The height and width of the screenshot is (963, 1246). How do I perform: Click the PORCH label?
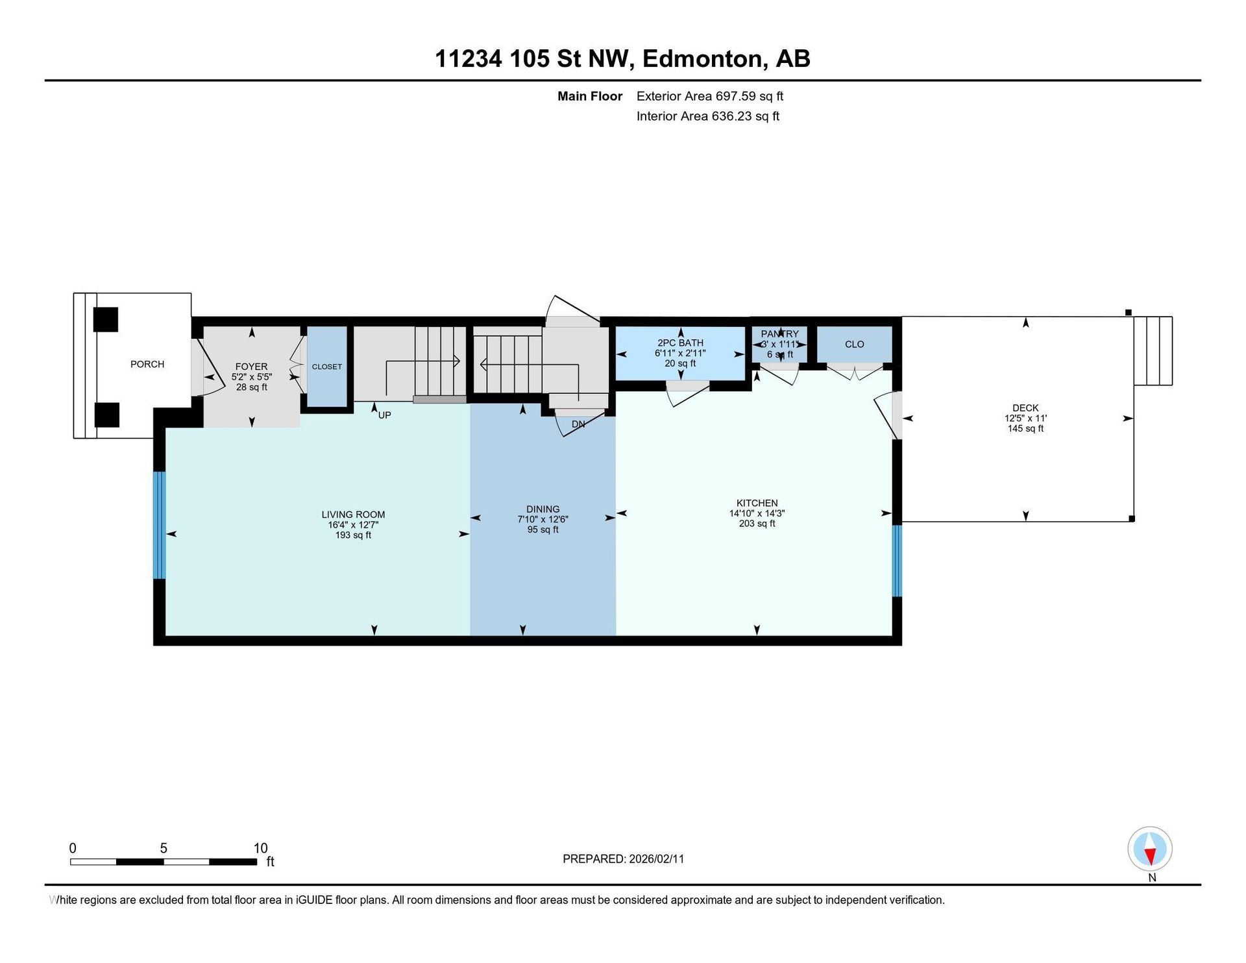[x=147, y=364]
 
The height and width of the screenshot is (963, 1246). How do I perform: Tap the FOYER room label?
[x=251, y=367]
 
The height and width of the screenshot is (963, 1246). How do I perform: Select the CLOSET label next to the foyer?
[x=327, y=367]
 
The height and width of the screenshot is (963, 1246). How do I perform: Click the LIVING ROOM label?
[x=353, y=515]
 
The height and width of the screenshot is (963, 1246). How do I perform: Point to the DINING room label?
[x=543, y=509]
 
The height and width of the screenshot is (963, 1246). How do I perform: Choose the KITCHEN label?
[x=757, y=503]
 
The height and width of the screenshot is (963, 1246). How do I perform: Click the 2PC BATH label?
[x=680, y=343]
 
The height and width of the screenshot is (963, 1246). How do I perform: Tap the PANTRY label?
[x=780, y=334]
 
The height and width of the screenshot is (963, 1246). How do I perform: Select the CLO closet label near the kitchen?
[x=855, y=344]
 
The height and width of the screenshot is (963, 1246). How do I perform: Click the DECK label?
[x=1025, y=408]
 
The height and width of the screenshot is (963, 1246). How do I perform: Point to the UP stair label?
[x=385, y=415]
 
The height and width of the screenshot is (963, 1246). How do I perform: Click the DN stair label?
[x=578, y=424]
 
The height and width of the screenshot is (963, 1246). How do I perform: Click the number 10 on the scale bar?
[x=260, y=848]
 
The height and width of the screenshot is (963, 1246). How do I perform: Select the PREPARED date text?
[x=623, y=859]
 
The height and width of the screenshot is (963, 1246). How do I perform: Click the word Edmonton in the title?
[x=702, y=59]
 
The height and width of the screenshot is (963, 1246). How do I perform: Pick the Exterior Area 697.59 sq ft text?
[x=710, y=96]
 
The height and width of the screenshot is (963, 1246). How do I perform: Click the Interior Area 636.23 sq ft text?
[x=708, y=116]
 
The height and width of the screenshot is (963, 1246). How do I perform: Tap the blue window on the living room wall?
[x=160, y=525]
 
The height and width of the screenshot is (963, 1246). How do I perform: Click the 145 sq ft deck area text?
[x=1025, y=429]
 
